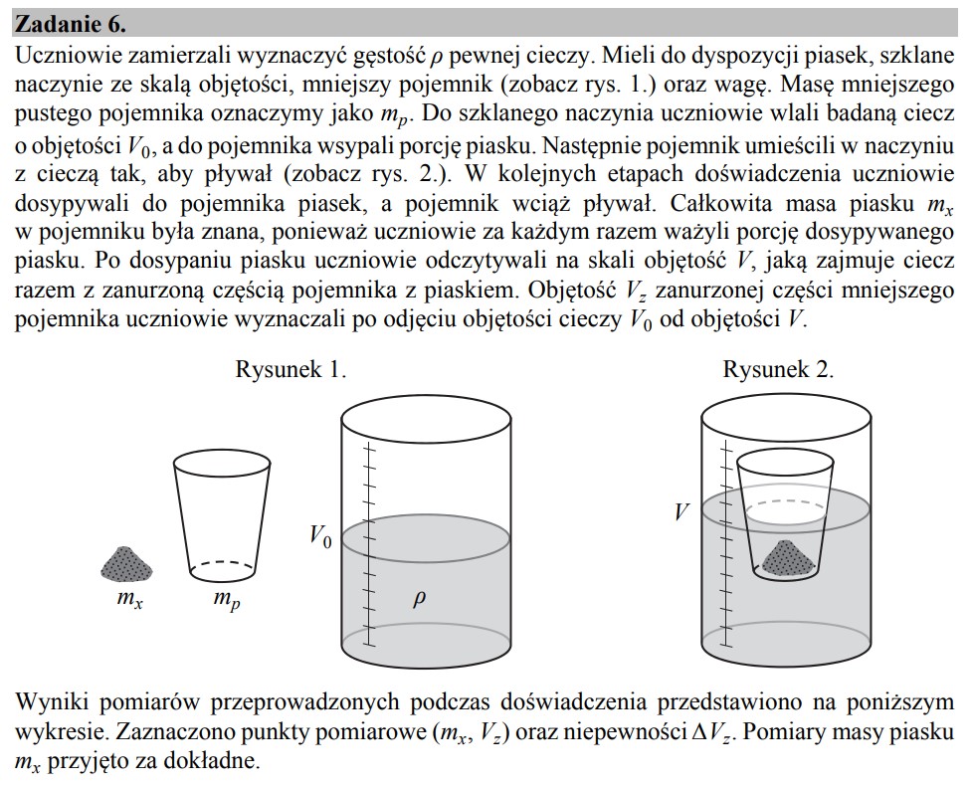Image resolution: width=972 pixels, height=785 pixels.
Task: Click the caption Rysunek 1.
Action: (x=291, y=370)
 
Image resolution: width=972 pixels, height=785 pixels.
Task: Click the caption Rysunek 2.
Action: (x=778, y=370)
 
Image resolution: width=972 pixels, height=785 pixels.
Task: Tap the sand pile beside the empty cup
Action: (x=126, y=562)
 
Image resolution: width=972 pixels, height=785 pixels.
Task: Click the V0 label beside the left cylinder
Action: (x=319, y=539)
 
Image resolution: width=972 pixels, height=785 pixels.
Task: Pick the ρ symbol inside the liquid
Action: (x=419, y=599)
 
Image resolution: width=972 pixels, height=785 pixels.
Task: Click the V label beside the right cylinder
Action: (x=681, y=513)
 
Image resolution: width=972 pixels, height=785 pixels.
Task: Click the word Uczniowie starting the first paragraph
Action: (x=66, y=53)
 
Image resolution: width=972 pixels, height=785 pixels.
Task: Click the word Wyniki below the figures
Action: (x=47, y=701)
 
